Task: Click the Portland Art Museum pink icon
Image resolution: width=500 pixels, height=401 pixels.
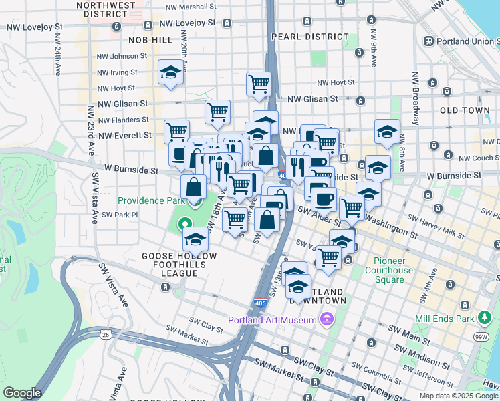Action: pyautogui.click(x=326, y=319)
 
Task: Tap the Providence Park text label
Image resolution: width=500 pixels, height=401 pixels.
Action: pyautogui.click(x=150, y=200)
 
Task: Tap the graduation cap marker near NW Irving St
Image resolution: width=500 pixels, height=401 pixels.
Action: pyautogui.click(x=170, y=72)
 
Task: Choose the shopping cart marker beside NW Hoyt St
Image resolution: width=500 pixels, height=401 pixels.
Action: pyautogui.click(x=259, y=84)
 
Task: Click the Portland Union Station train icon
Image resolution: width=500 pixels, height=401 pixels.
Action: pyautogui.click(x=429, y=41)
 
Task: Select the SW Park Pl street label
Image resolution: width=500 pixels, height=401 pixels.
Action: pyautogui.click(x=118, y=215)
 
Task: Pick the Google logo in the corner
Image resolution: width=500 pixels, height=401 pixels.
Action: pyautogui.click(x=22, y=393)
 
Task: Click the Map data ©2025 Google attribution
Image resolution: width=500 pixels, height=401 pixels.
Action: pyautogui.click(x=458, y=396)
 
